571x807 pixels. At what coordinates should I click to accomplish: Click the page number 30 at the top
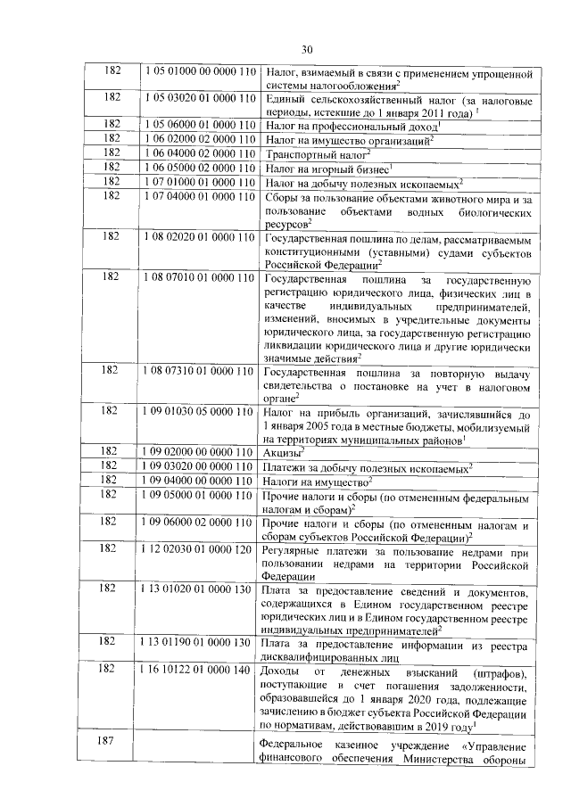coord(307,49)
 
